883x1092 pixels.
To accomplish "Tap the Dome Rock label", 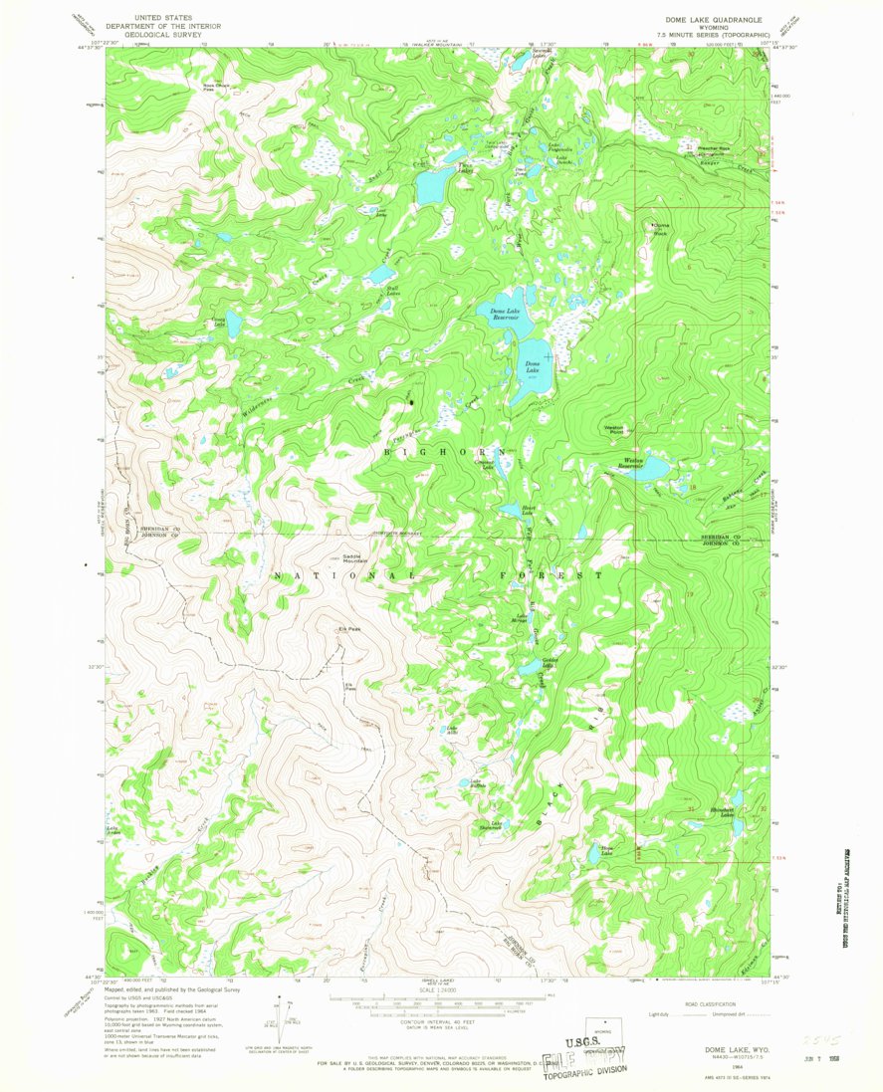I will (659, 229).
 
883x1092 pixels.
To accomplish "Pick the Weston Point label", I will (614, 430).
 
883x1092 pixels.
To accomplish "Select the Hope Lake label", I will (607, 849).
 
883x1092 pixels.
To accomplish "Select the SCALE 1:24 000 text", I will (439, 991).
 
